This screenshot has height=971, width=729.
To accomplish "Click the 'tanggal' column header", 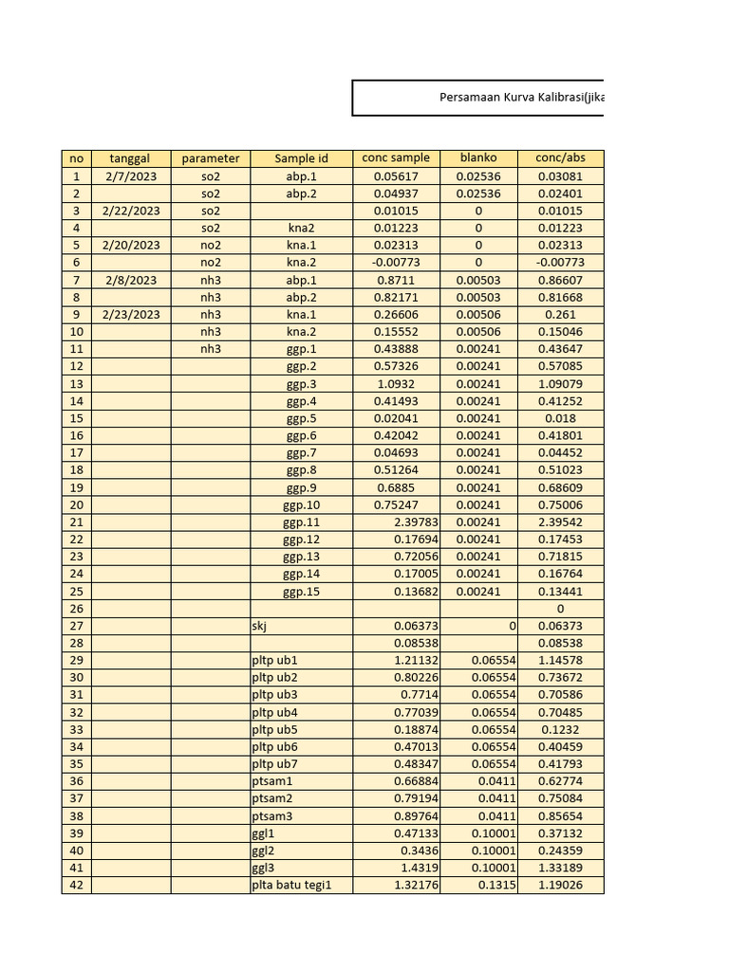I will click(131, 158).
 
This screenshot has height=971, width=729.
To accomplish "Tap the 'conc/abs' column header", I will click(560, 158).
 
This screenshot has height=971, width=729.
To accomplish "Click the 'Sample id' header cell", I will click(301, 158).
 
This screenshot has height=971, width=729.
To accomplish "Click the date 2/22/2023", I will click(131, 211).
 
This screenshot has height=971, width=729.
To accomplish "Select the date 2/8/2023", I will click(131, 280).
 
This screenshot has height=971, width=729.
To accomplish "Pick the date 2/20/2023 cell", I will click(131, 245).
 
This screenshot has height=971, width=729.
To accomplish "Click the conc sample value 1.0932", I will click(396, 383).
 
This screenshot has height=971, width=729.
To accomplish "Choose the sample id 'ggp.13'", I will click(301, 557).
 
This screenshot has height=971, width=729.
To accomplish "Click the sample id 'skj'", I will click(260, 626).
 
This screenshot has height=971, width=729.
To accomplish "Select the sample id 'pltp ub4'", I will click(274, 712).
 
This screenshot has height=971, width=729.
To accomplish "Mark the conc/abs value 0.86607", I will click(560, 280).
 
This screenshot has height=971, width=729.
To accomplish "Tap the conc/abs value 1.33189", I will click(560, 868).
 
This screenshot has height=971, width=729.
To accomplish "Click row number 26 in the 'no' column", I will click(76, 608).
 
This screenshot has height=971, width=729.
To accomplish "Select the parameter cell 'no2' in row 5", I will click(211, 245).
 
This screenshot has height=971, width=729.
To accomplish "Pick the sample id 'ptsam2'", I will click(272, 798).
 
